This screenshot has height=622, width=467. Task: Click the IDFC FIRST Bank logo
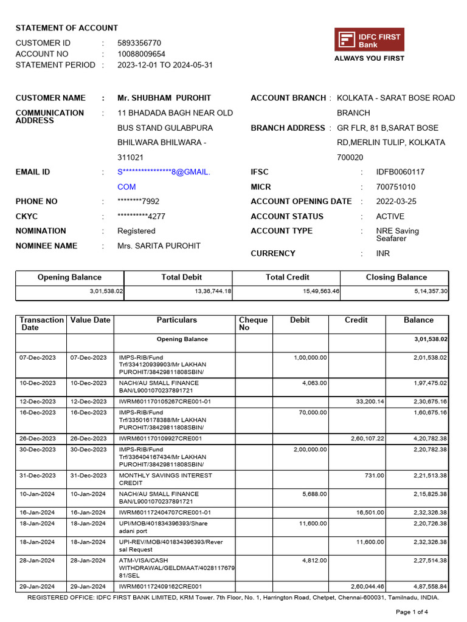point(369,40)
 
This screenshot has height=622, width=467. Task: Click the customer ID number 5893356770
point(139,43)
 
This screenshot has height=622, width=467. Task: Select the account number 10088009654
point(141,54)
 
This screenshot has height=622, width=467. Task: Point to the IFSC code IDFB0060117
point(400,172)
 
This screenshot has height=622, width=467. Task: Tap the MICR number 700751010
point(396,187)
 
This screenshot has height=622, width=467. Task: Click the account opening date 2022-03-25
point(396,202)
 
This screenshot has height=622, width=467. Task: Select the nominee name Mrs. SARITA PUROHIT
point(159,246)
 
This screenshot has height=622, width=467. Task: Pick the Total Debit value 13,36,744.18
point(212,292)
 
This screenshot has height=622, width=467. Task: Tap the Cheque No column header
point(253,324)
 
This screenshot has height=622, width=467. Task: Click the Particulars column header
point(177,320)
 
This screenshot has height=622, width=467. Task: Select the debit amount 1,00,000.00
point(310,358)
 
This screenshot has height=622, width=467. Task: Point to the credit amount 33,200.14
point(370,402)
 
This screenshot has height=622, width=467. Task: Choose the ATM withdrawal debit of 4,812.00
point(314,561)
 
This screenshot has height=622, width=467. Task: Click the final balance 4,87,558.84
point(428,587)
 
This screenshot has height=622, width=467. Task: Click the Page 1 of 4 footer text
point(412,612)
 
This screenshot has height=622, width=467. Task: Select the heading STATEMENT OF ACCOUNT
point(67,28)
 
